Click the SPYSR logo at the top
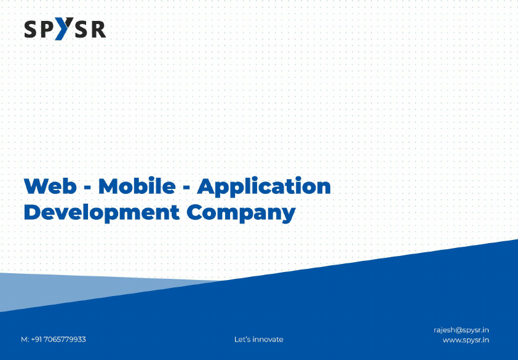click(x=65, y=29)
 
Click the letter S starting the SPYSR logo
click(x=31, y=29)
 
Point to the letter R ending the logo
click(x=98, y=29)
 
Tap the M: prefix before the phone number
click(x=25, y=340)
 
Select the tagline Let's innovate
click(x=258, y=340)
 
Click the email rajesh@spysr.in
click(x=461, y=330)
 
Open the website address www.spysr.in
click(x=466, y=340)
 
